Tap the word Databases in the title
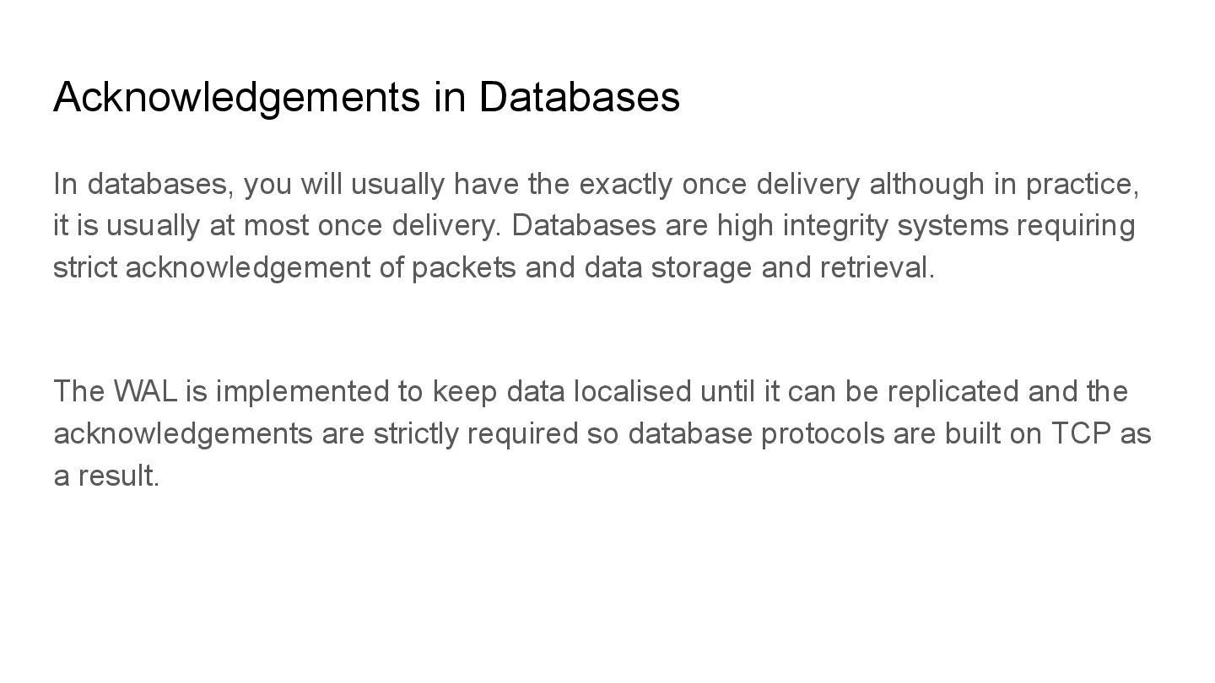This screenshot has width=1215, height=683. [579, 98]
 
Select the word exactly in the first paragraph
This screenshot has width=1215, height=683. [626, 184]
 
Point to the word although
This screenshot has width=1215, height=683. [926, 184]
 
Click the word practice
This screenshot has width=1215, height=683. [1081, 184]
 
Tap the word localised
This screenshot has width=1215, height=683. [632, 392]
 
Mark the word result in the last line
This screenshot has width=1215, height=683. [118, 476]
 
